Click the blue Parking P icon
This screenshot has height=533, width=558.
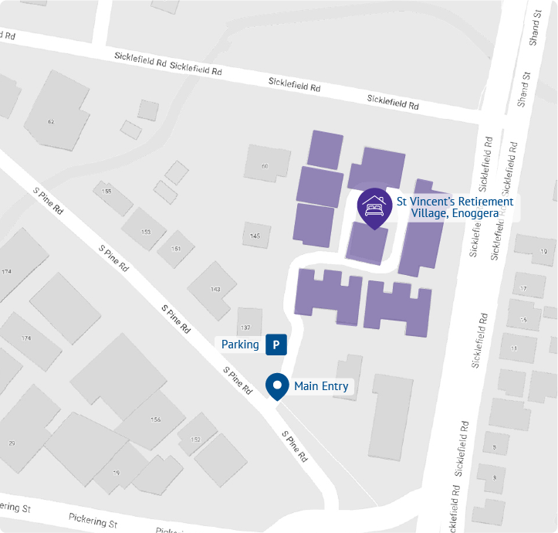point(276,345)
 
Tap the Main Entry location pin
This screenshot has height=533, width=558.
point(277,385)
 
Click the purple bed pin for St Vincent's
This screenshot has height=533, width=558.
point(374,207)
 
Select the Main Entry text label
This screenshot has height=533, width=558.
point(321,386)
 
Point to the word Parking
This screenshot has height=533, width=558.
point(240,345)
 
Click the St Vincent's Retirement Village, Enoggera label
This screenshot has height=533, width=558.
point(454,208)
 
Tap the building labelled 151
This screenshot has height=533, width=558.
point(176,248)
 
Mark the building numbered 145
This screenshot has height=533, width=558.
point(255,236)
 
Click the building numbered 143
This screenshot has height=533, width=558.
point(215,290)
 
